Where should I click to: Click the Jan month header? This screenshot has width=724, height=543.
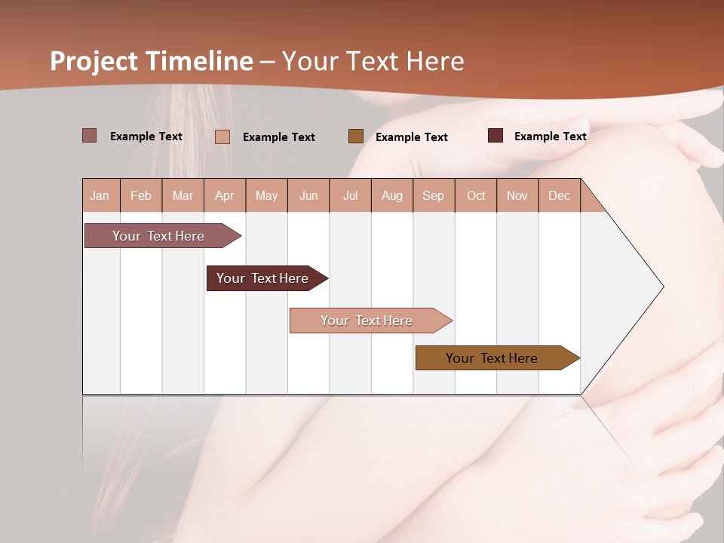[x=100, y=195]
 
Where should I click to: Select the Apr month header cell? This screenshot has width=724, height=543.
[x=225, y=195]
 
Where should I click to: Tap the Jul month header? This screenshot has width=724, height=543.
[x=350, y=195]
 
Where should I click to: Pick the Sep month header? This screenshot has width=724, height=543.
[x=434, y=195]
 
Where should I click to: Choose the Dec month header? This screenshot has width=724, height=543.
[x=559, y=195]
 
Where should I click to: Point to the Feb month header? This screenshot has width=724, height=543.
[x=141, y=195]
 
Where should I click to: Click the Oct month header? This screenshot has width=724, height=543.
[x=476, y=195]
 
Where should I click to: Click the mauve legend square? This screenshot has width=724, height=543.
[x=90, y=136]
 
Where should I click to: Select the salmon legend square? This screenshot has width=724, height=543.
[x=222, y=137]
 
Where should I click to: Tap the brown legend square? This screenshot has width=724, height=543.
[x=356, y=136]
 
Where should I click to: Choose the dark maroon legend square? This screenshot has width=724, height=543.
[x=495, y=136]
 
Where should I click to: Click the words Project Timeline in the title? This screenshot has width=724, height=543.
[x=152, y=61]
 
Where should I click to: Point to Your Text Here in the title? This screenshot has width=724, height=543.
[x=373, y=61]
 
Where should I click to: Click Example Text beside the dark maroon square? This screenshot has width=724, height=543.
[x=550, y=137]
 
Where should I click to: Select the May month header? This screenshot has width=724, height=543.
[x=266, y=195]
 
